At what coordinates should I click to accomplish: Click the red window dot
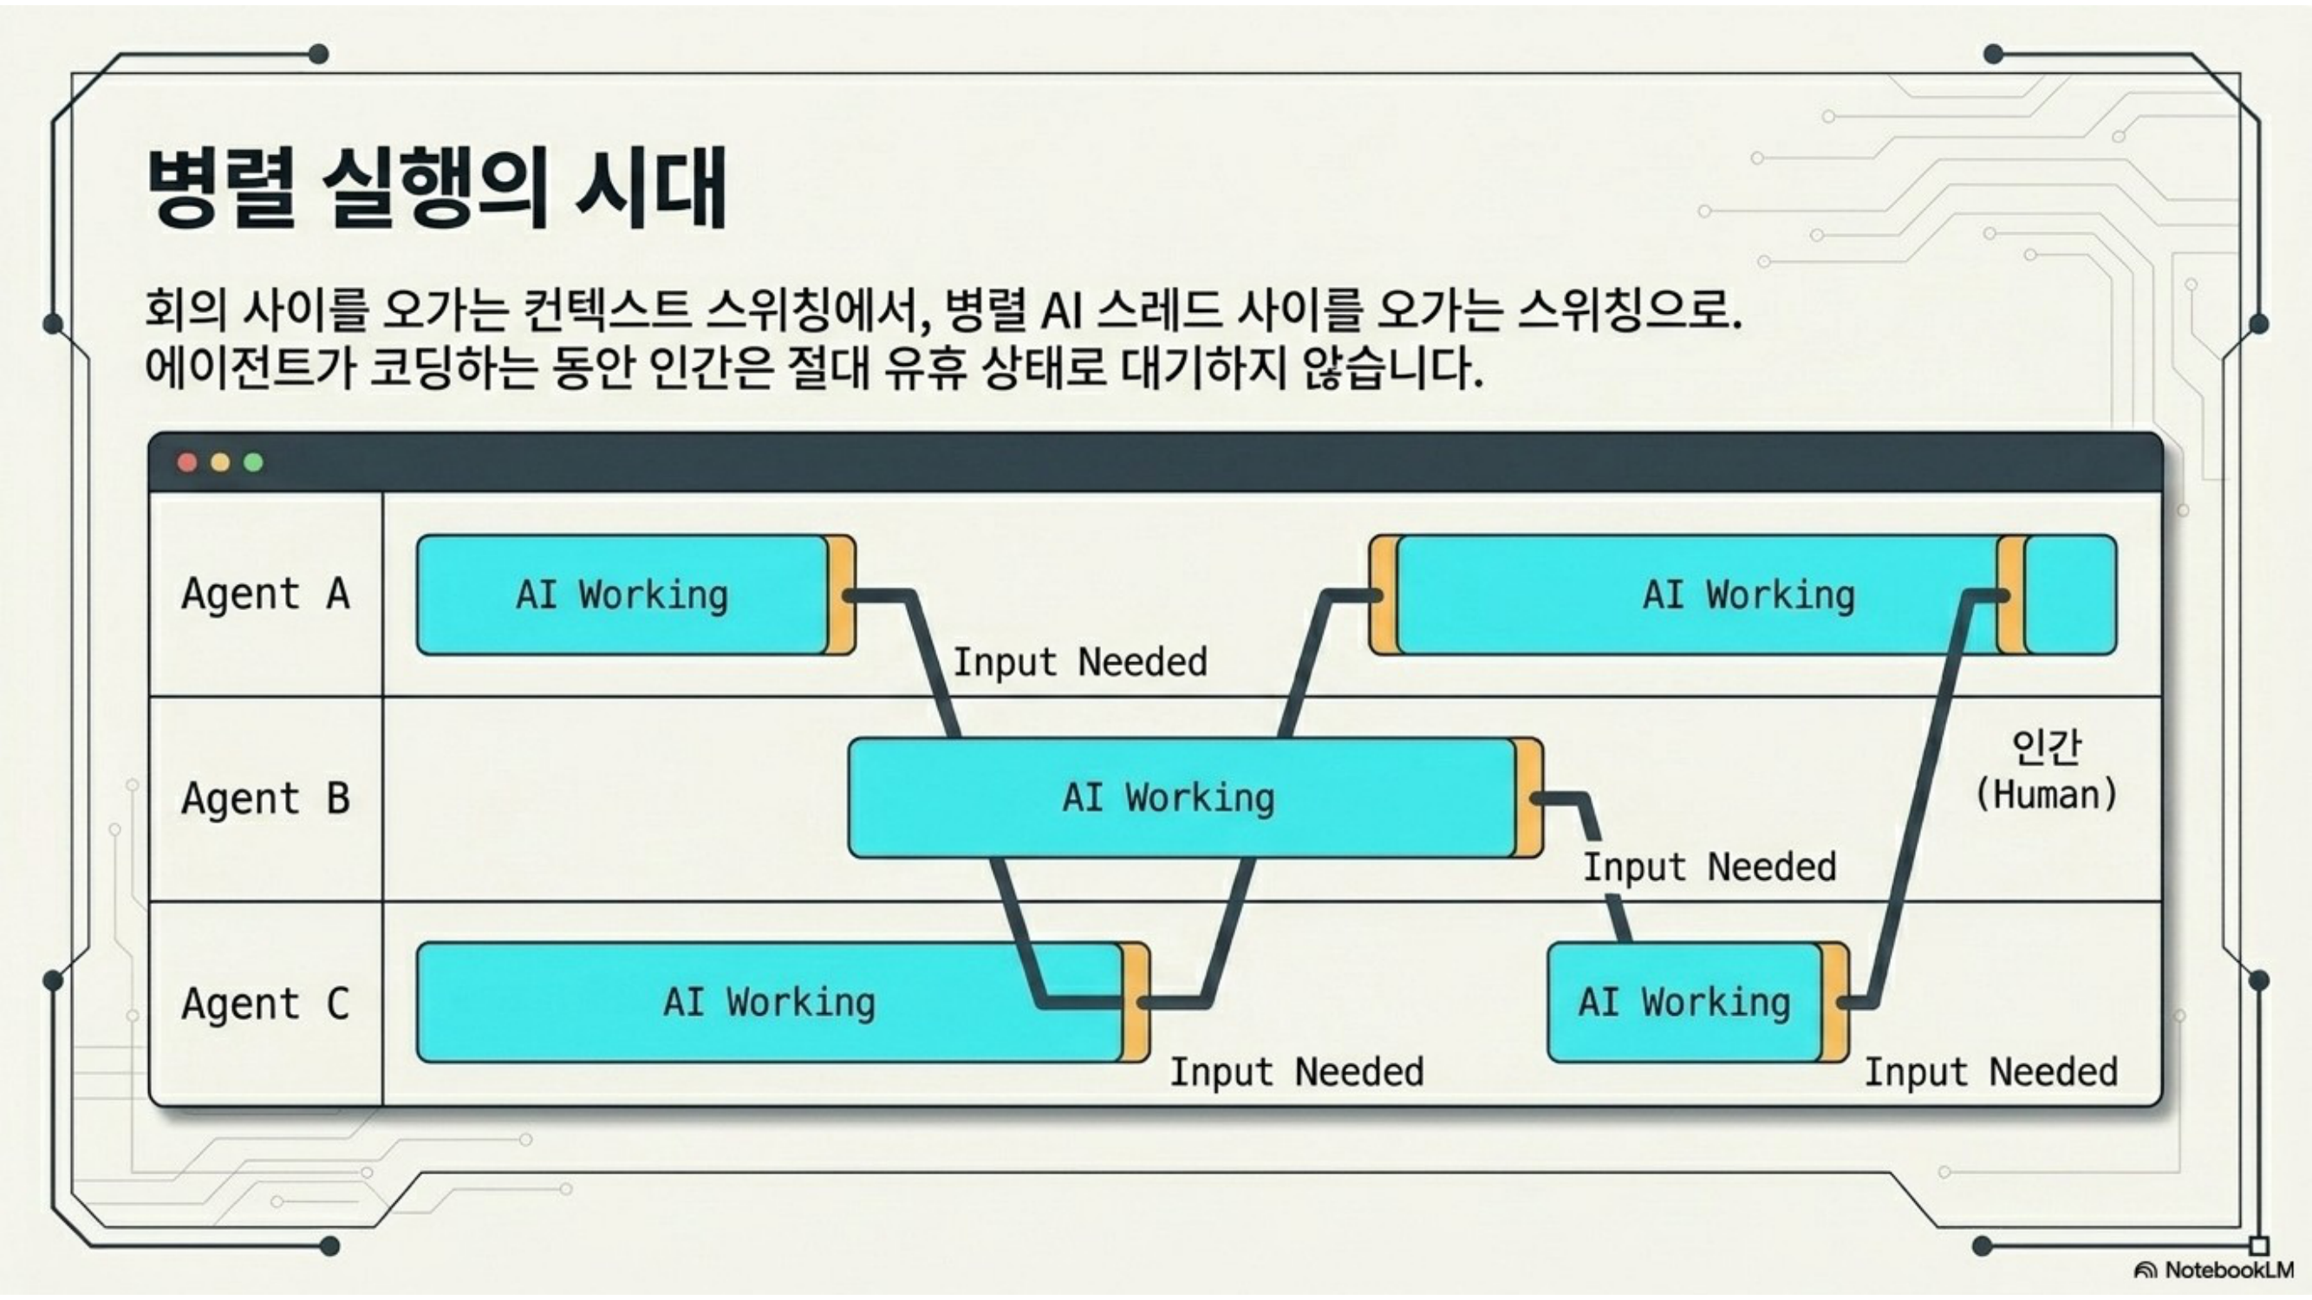click(186, 462)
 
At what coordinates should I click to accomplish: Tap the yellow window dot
click(220, 462)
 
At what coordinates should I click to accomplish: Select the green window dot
click(253, 462)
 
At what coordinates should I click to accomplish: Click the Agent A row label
click(265, 594)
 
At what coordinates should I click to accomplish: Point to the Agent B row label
click(265, 797)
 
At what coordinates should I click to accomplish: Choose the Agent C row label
click(265, 1002)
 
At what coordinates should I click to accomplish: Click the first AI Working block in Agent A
click(635, 595)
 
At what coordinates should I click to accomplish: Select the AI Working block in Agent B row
click(1195, 797)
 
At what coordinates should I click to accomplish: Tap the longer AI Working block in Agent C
click(783, 1002)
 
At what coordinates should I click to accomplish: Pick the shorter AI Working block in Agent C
click(1698, 1002)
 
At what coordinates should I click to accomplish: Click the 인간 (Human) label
click(2047, 770)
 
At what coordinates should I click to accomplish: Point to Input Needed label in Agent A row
click(1079, 662)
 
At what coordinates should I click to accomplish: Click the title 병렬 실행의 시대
click(436, 188)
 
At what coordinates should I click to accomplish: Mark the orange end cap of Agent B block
click(1528, 797)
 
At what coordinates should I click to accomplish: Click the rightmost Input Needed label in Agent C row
click(1991, 1072)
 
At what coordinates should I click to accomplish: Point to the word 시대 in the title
click(652, 188)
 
